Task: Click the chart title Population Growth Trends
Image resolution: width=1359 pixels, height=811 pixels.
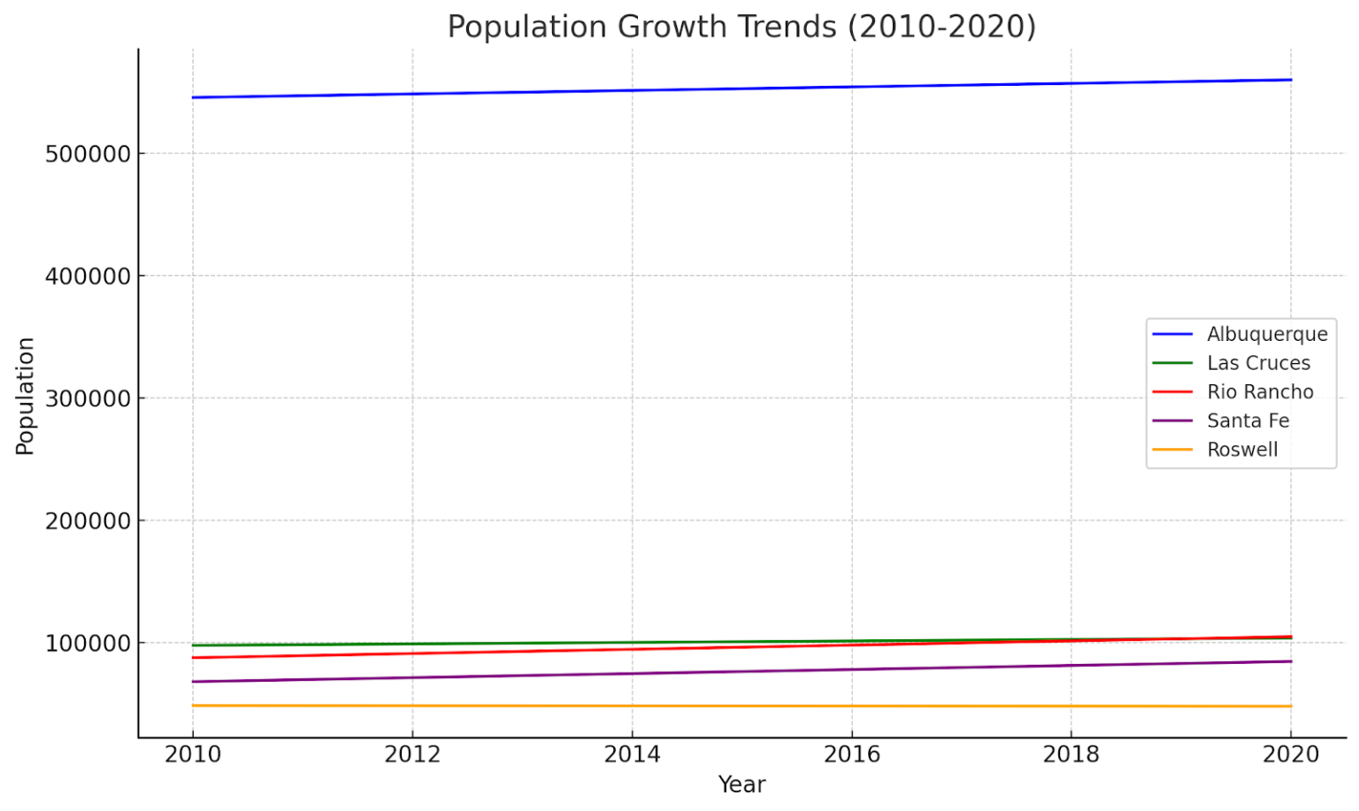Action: point(741,27)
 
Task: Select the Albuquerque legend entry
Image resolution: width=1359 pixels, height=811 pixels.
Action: point(1266,334)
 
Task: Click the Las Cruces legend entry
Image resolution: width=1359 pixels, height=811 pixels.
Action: point(1257,363)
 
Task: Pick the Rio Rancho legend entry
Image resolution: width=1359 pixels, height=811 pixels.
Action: point(1259,391)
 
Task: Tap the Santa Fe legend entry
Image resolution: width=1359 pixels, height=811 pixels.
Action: point(1248,421)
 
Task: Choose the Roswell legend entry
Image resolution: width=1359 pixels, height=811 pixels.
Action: point(1241,450)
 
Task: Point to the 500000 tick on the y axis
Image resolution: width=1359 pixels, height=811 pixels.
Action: point(88,154)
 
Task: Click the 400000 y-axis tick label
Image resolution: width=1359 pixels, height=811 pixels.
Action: point(88,276)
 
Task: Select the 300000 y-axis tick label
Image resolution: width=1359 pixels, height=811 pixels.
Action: point(88,398)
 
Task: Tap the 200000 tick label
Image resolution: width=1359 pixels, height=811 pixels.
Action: point(88,521)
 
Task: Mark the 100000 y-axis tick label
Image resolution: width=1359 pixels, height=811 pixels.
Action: point(88,643)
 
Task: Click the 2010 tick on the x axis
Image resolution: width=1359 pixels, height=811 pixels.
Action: point(193,754)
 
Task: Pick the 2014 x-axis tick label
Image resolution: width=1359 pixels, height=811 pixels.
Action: point(632,754)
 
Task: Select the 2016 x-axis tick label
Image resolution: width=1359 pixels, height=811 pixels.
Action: point(851,754)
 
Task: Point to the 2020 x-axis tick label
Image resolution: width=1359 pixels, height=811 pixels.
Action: point(1290,754)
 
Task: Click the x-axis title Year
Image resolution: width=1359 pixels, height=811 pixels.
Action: point(741,784)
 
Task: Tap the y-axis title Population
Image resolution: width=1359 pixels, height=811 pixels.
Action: point(25,396)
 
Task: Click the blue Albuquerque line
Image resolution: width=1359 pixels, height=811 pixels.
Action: point(741,89)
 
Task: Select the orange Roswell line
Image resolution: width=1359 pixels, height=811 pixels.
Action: point(741,706)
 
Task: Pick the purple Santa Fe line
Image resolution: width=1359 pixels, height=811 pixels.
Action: point(741,671)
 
